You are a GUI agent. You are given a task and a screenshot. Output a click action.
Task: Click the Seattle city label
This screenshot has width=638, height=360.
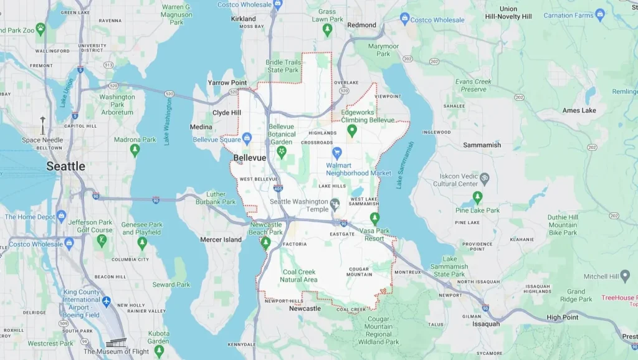click(x=65, y=166)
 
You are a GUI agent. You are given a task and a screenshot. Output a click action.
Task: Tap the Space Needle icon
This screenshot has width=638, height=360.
click(x=43, y=124)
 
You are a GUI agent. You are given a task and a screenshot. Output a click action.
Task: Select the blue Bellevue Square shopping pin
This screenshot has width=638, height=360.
click(x=247, y=137)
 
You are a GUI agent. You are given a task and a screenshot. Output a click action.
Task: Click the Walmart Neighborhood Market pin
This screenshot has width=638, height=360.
click(x=337, y=152)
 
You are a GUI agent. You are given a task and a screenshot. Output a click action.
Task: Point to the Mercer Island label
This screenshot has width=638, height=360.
click(x=221, y=240)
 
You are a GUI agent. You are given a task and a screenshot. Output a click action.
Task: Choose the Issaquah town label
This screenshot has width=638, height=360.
click(x=486, y=324)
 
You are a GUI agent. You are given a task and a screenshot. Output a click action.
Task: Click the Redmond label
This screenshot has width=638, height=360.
click(x=362, y=26)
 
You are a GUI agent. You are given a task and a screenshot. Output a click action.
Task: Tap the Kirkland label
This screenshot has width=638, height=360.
click(x=244, y=19)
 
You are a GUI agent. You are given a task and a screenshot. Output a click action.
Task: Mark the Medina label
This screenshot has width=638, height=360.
click(x=201, y=127)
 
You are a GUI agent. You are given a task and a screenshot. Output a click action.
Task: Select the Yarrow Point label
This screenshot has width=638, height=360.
click(x=227, y=83)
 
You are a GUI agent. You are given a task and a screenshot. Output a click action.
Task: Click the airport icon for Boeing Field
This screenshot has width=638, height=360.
click(x=106, y=301)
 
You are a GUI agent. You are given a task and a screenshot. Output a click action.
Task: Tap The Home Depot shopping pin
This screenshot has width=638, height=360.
click(x=61, y=216)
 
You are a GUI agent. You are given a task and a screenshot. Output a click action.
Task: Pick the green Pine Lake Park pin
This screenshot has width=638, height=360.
click(x=477, y=197)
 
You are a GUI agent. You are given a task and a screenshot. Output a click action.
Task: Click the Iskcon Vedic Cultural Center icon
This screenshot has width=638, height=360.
click(x=485, y=178)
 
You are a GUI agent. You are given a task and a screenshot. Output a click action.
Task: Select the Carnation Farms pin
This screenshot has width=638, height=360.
click(x=600, y=14)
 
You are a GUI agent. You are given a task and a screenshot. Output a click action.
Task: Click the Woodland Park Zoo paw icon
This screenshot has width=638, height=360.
click(x=40, y=28)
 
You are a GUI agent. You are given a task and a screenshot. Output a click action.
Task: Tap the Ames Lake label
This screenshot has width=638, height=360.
click(x=579, y=111)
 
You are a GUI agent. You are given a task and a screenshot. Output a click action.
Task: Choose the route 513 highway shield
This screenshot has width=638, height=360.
click(x=108, y=65)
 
